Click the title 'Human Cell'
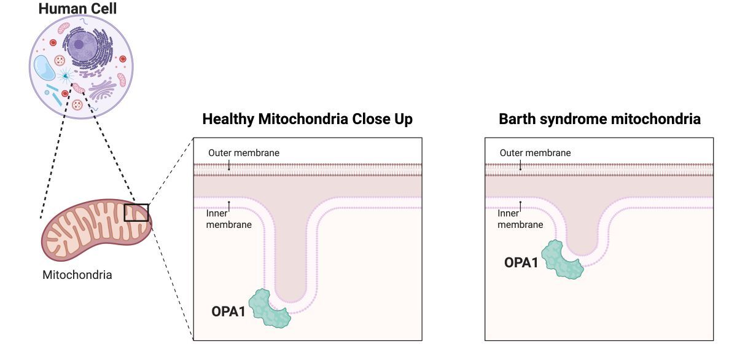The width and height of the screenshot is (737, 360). tap(78, 9)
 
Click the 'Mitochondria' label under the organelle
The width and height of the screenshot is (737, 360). tap(77, 275)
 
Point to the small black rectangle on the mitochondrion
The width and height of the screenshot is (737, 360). tap(136, 213)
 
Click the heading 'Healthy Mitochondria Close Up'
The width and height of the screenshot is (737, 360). tap(307, 119)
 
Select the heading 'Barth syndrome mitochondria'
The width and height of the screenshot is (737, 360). tap(599, 119)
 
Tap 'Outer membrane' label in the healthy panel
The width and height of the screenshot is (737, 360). tap(244, 153)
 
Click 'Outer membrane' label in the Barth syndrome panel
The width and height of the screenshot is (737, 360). tap(535, 153)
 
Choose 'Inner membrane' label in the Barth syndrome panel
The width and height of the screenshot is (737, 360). tap(520, 219)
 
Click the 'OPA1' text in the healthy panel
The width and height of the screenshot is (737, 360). tap(228, 311)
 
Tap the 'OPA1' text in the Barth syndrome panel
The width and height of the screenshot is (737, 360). tap(521, 262)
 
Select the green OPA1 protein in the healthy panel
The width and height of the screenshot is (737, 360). tap(273, 308)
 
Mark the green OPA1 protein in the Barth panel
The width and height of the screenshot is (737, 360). tap(561, 260)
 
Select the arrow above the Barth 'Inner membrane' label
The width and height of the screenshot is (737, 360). tap(520, 205)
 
